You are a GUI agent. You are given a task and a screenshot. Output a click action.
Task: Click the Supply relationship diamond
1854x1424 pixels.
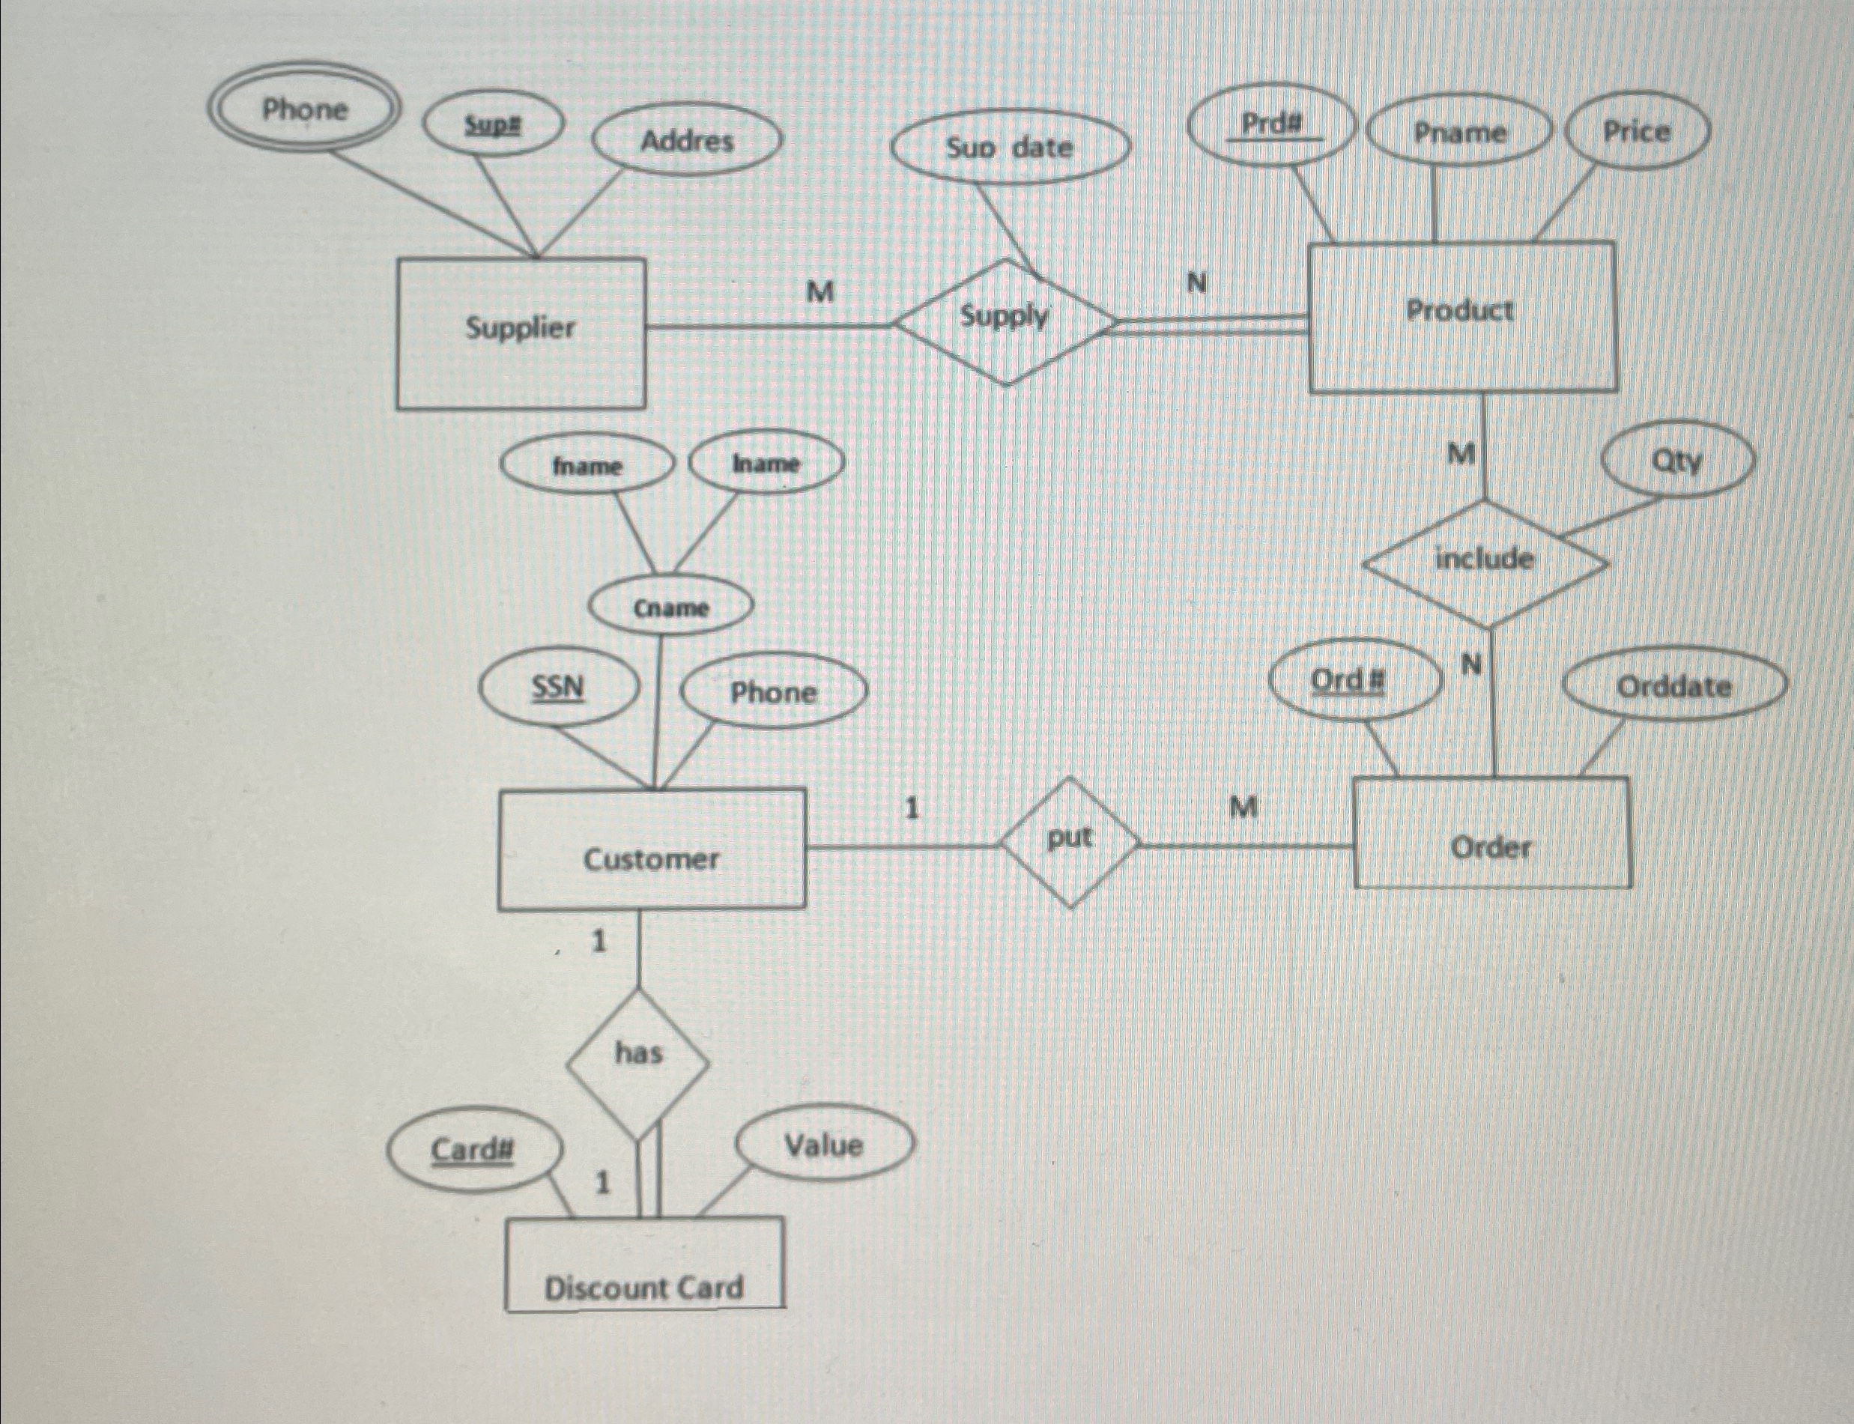coord(1005,321)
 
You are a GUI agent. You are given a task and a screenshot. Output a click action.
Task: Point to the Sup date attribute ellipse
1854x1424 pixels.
coord(1010,148)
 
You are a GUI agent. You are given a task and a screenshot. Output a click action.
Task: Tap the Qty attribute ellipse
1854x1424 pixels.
coord(1676,462)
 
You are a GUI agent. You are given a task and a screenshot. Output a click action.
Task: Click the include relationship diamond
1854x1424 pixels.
coord(1485,561)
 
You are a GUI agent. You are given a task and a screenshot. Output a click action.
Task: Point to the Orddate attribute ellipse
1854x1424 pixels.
coord(1673,687)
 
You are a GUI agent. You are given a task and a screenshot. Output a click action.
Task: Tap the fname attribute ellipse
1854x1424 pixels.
coord(587,466)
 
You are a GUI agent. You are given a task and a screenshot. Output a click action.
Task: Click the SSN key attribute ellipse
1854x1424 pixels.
coord(557,688)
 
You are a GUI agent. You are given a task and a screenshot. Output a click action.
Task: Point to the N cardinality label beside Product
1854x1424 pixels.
coord(1196,283)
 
